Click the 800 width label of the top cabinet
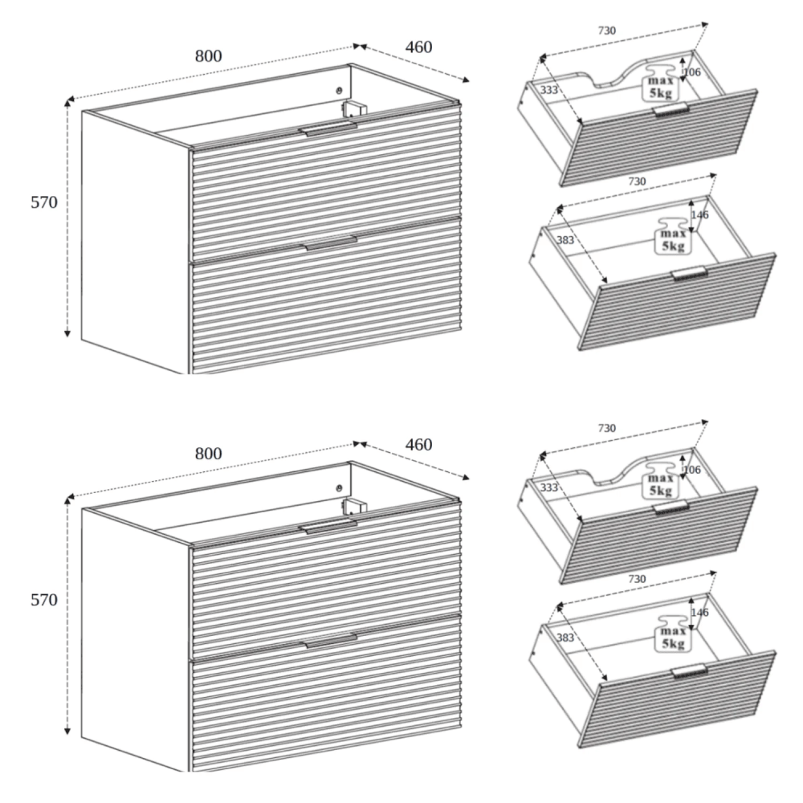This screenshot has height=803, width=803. [209, 56]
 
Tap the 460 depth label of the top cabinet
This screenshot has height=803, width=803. [419, 47]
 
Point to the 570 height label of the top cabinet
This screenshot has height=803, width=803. [44, 202]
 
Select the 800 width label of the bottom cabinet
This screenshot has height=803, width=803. [209, 453]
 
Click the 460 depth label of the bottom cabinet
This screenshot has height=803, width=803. [419, 445]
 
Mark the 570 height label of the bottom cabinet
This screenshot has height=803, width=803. [44, 600]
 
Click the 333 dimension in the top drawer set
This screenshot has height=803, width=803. [549, 90]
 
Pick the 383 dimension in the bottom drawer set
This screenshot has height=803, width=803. [565, 638]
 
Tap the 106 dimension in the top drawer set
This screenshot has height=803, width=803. [692, 72]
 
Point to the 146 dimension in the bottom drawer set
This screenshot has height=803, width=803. [699, 613]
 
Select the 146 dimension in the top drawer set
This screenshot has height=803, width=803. [699, 215]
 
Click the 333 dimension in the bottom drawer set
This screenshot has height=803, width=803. [549, 487]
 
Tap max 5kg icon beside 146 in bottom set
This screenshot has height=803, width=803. [673, 633]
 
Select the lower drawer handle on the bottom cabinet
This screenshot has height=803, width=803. [331, 641]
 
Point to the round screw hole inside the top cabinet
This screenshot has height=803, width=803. [338, 91]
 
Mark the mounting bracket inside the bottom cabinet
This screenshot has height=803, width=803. [354, 506]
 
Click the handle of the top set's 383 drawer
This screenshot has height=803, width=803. [689, 274]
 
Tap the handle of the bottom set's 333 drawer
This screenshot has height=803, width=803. [671, 507]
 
